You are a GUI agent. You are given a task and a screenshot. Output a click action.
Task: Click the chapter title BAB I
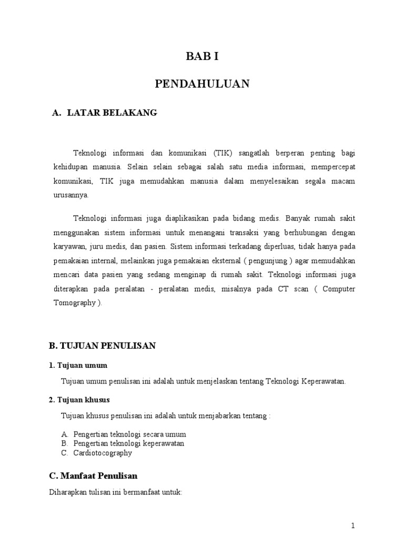tap(202, 57)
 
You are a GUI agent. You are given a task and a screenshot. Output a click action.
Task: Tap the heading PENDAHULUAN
tap(202, 84)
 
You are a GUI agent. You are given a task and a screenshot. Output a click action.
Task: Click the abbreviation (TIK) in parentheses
tap(224, 153)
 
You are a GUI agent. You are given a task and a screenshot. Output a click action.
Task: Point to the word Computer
tap(338, 289)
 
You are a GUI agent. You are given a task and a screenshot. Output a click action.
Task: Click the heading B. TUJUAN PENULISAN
tap(102, 346)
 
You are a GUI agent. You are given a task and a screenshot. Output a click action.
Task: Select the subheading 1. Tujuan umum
tap(78, 365)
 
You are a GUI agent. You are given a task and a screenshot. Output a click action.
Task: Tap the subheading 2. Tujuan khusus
tap(79, 400)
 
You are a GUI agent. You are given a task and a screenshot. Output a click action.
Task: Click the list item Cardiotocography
tap(103, 453)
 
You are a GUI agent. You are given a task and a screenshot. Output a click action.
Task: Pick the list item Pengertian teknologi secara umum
tap(129, 434)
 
